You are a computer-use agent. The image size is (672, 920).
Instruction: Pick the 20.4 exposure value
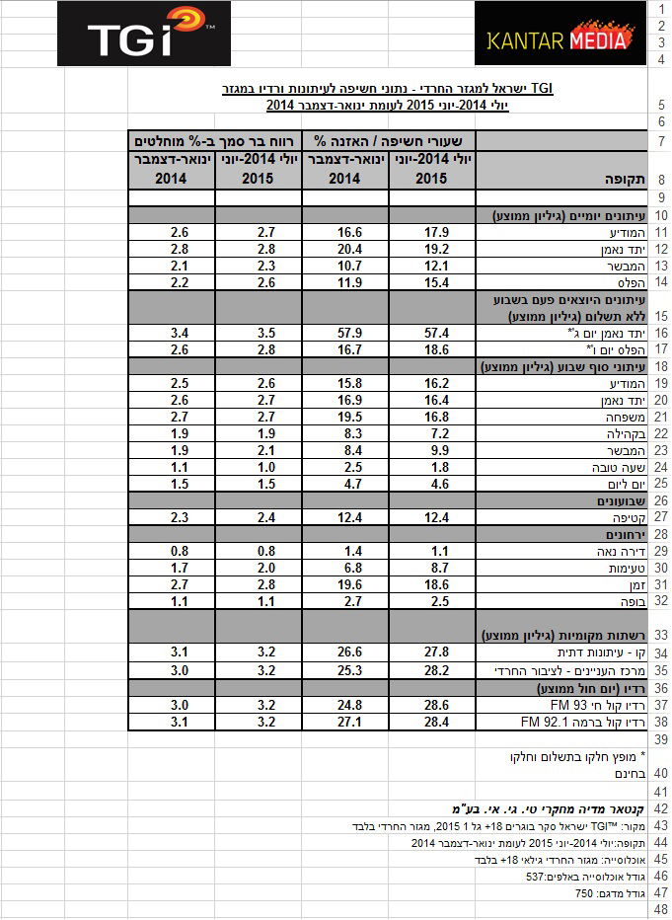pos(345,249)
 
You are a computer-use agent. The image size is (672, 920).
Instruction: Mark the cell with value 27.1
pos(345,723)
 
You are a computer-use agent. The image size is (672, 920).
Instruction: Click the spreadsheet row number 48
pos(660,910)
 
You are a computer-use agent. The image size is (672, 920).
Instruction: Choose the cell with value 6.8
pos(345,569)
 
